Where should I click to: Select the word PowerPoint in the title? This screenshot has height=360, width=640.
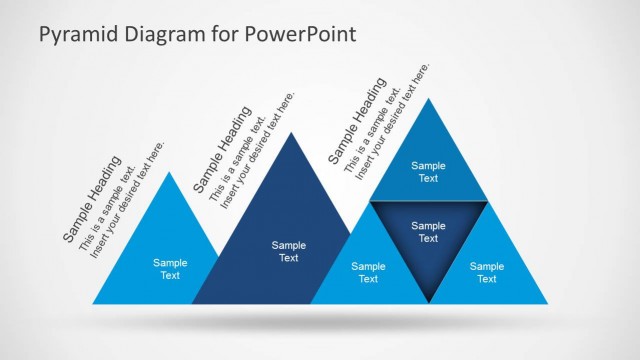304,35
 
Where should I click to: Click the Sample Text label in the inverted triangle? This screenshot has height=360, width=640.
428,232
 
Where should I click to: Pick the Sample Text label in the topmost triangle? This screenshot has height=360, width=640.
428,172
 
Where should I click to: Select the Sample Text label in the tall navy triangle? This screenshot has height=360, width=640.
288,251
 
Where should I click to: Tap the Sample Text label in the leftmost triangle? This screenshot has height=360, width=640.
170,269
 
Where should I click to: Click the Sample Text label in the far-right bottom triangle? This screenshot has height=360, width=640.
487,272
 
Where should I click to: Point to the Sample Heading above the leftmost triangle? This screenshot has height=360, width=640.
93,199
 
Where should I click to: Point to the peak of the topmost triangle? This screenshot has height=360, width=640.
429,98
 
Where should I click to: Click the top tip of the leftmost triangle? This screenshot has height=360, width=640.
170,172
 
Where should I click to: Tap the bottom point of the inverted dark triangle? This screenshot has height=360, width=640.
429,302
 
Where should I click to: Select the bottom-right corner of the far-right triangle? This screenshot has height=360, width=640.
548,303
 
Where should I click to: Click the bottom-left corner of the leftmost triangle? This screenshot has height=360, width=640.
93,303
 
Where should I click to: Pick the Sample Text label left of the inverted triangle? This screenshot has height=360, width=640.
368,272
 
